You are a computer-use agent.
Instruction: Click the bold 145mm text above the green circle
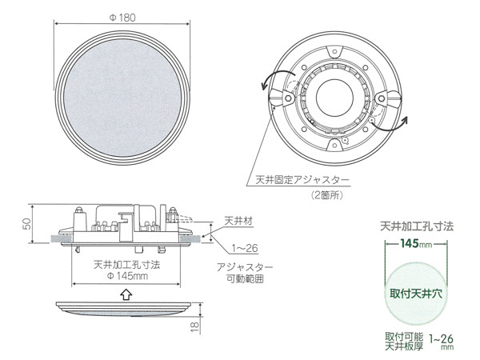(x=416, y=242)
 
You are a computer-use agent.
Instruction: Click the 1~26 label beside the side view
(x=243, y=249)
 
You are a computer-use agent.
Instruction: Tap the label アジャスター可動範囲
(x=244, y=274)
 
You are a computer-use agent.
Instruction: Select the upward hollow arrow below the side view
(x=122, y=294)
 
